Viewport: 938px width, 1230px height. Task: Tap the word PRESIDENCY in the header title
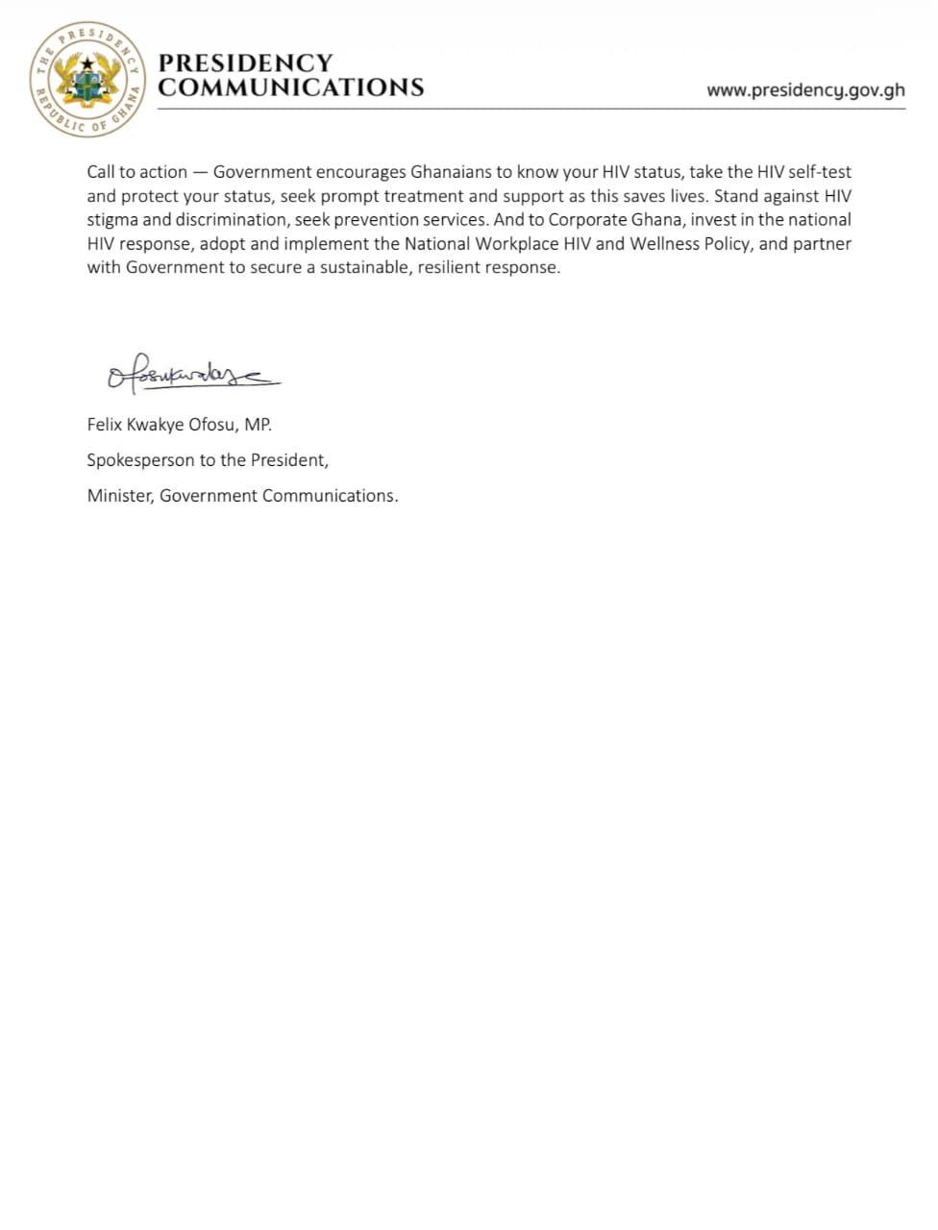tap(245, 62)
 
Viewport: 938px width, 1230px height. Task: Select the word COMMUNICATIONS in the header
tap(290, 87)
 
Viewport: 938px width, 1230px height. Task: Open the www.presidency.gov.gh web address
tap(805, 90)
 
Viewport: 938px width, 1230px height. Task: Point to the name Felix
tap(106, 424)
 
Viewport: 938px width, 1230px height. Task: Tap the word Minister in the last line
tap(120, 496)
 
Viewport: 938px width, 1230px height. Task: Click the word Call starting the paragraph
tap(100, 172)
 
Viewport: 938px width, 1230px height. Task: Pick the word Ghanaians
tap(451, 172)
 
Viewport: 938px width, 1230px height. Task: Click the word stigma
tap(112, 219)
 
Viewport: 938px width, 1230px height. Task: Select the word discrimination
tap(229, 219)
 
